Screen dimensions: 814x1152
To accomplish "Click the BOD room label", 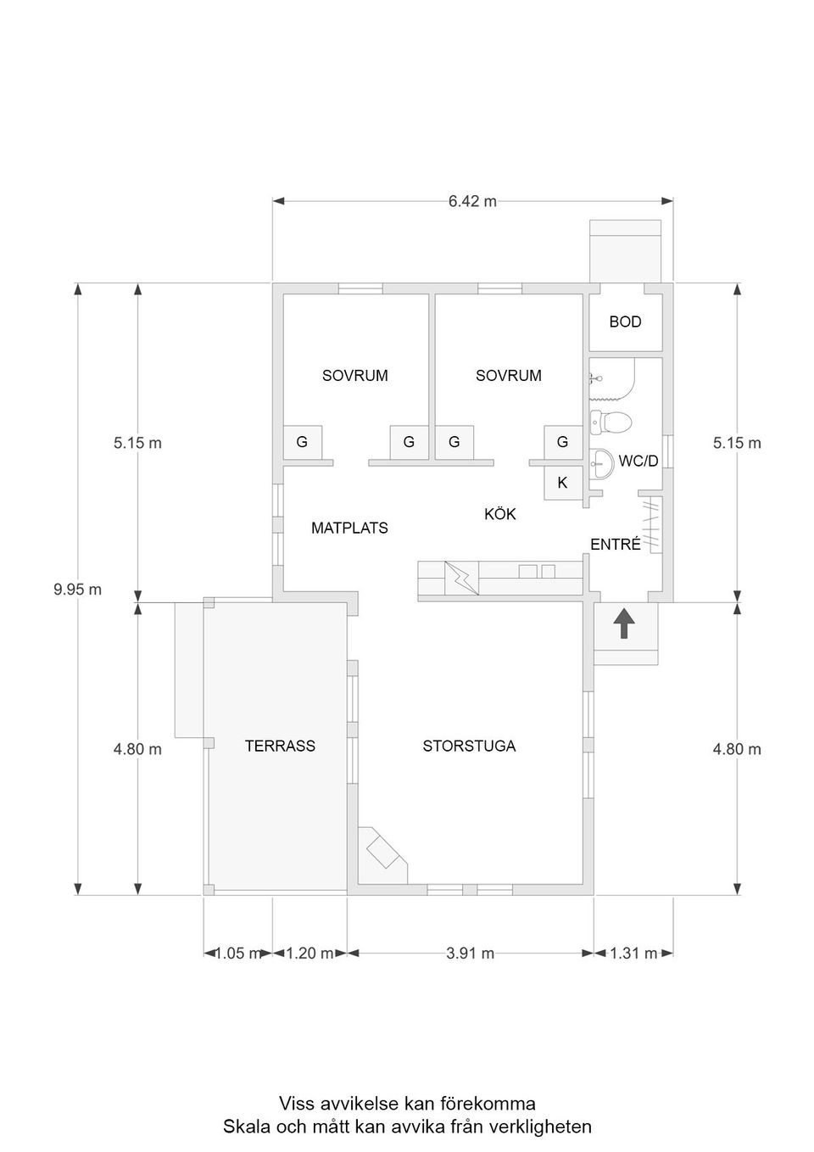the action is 625,322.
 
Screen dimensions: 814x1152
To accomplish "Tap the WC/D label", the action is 638,461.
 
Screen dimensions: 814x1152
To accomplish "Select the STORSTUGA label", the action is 469,747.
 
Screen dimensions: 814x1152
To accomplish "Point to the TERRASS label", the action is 280,747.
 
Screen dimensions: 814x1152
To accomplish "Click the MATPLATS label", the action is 349,528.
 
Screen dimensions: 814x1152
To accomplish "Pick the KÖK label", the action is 500,514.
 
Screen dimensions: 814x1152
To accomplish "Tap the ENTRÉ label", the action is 615,544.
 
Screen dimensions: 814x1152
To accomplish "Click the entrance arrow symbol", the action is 624,624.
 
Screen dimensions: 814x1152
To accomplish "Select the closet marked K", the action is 563,483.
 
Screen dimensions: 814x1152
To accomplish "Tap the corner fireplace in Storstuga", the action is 382,855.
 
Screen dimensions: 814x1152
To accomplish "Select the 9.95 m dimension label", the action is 78,590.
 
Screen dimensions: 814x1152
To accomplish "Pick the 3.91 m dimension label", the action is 471,953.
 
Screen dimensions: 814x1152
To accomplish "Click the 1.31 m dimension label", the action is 633,953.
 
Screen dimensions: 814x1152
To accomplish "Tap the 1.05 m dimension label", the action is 238,953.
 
